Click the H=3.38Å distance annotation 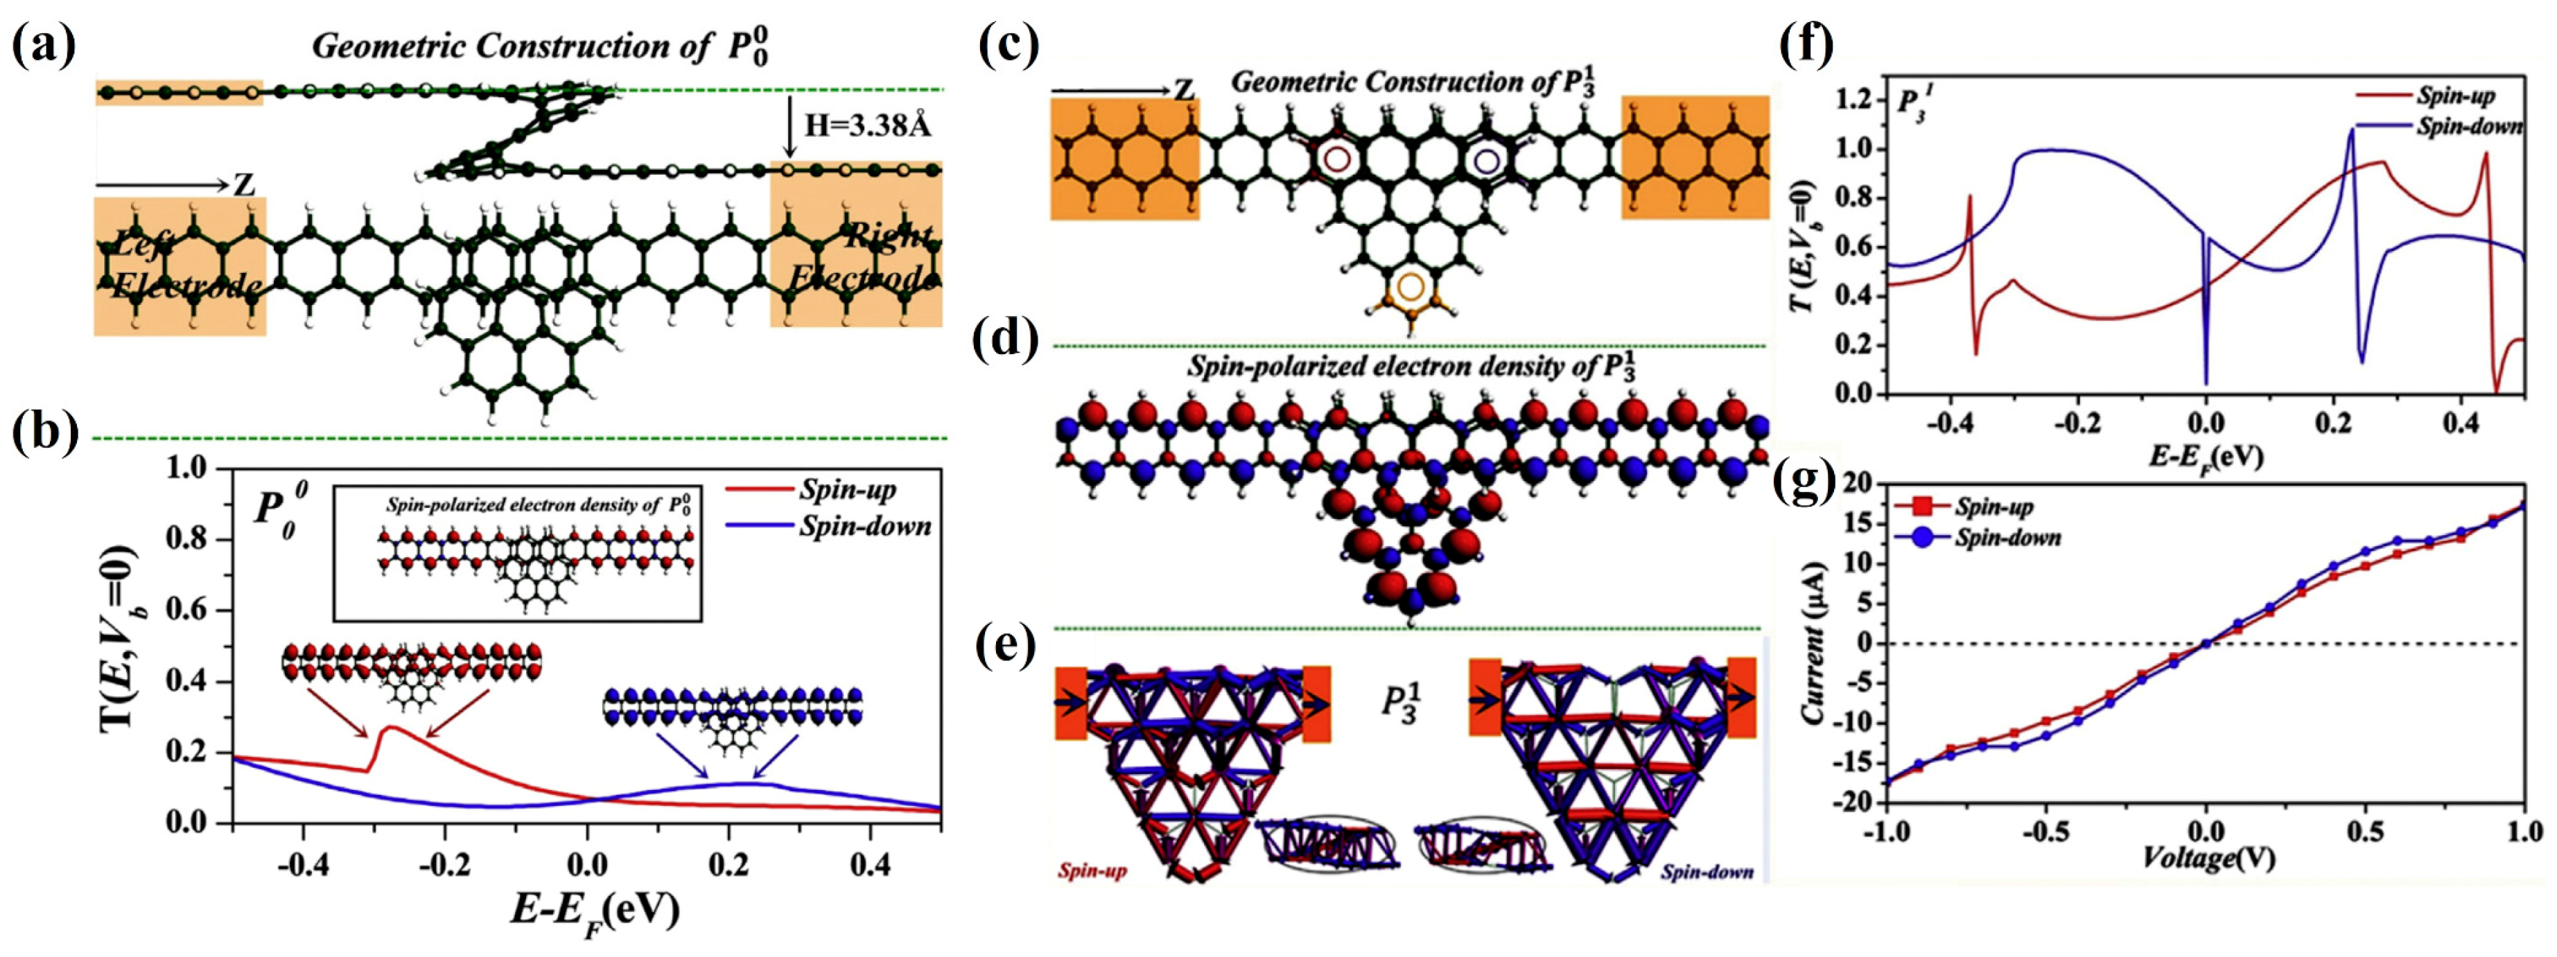point(866,125)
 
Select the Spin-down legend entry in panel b point(864,526)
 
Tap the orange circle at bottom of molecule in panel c point(1411,287)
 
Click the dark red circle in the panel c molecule point(1336,159)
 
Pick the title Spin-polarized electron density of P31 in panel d point(1411,367)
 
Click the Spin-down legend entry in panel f point(2468,127)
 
